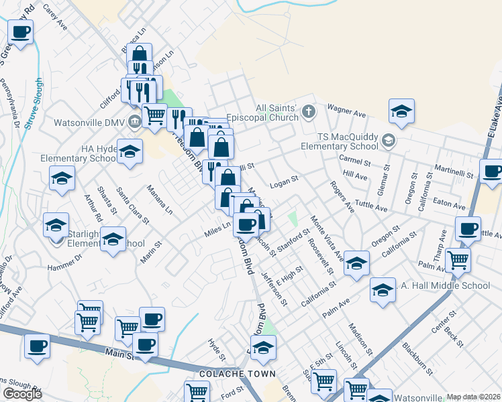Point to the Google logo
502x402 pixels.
point(21,393)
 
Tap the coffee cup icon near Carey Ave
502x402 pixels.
point(21,31)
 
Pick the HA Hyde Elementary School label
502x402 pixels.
point(78,153)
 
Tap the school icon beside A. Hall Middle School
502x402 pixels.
point(383,290)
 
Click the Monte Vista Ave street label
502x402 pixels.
point(326,239)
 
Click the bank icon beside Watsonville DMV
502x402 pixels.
point(134,122)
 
